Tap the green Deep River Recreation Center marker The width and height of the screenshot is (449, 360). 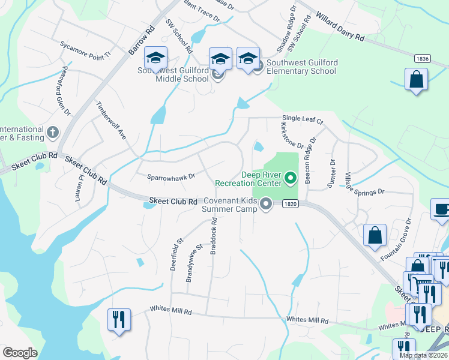[x=291, y=178]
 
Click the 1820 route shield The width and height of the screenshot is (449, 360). [x=290, y=205]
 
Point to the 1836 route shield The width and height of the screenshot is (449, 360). [x=422, y=58]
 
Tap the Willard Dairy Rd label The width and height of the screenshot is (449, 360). [x=339, y=28]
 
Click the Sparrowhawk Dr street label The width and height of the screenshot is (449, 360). [x=171, y=177]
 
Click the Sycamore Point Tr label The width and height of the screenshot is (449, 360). [x=86, y=49]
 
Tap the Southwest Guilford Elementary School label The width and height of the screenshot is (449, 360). [x=301, y=67]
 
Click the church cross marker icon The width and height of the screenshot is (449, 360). [x=53, y=132]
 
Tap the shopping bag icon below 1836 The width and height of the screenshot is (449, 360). [x=416, y=79]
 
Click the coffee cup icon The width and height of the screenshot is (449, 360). [x=442, y=210]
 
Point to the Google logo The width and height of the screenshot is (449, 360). [x=20, y=353]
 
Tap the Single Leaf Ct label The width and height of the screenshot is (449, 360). [x=303, y=120]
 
